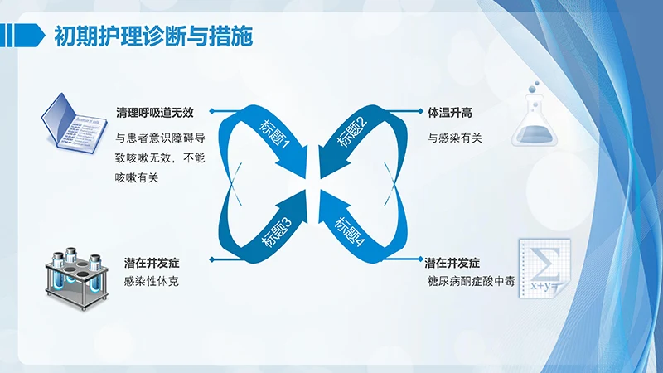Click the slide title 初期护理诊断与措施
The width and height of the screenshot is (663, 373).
[x=153, y=36]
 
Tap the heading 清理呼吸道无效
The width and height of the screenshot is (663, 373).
[x=154, y=111]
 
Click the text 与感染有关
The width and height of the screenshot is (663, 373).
[x=455, y=138]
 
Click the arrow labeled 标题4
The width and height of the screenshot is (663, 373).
[x=352, y=228]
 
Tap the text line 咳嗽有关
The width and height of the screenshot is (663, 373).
[x=137, y=176]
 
